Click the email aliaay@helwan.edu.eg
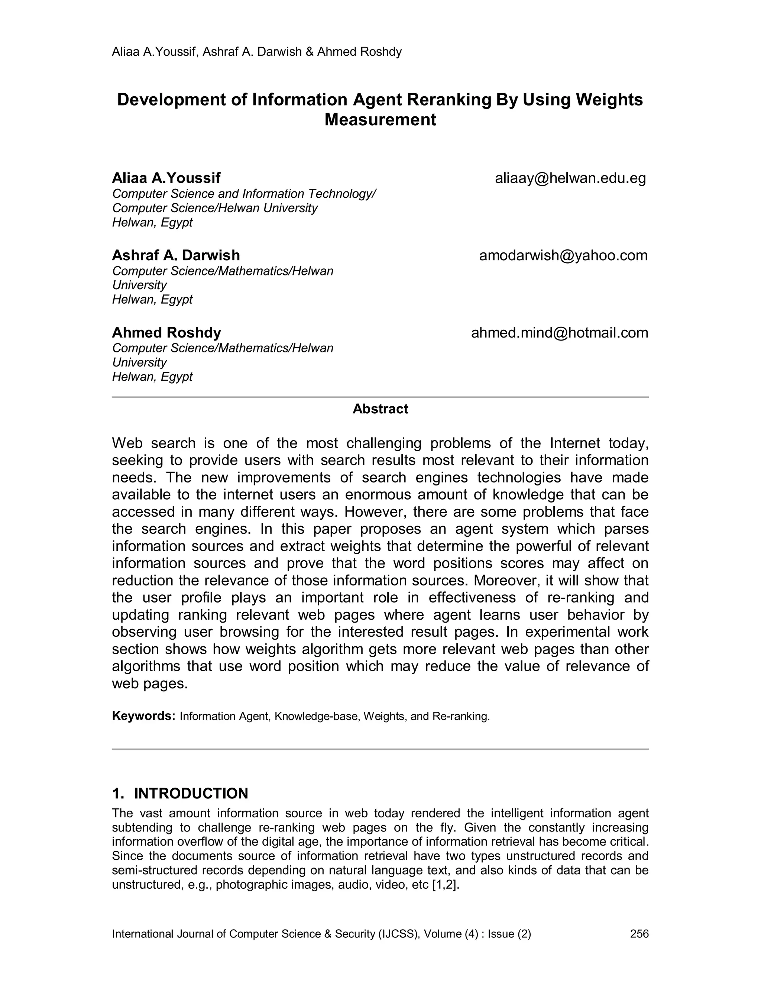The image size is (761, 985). pos(570,178)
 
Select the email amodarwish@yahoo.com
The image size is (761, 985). pos(563,255)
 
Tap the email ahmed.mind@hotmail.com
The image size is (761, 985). pos(560,333)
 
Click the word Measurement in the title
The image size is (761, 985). pos(380,120)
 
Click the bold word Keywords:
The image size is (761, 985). pos(143,716)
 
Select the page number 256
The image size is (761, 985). pos(639,934)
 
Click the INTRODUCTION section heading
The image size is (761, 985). pos(191,793)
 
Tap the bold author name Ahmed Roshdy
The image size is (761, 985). pos(166,333)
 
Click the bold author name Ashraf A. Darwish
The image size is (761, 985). pos(176,255)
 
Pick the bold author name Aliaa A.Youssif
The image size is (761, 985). pos(166,178)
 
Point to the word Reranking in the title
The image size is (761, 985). pos(448,100)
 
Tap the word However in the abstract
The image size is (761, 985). pos(375,512)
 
